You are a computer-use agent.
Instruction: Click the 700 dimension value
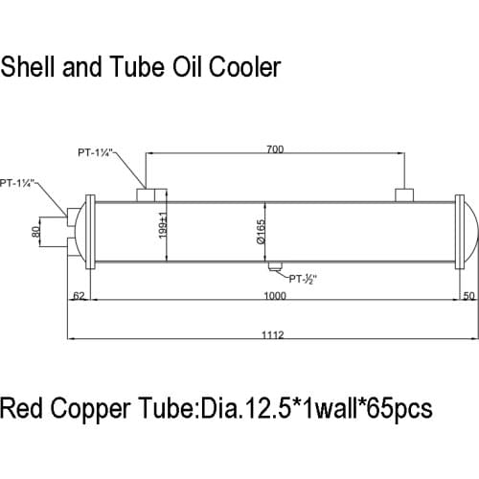point(275,150)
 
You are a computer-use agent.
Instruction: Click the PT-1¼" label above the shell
point(97,150)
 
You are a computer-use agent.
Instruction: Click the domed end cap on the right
point(469,230)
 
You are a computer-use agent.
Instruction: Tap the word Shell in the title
point(27,69)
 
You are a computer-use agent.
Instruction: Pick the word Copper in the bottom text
point(90,410)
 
